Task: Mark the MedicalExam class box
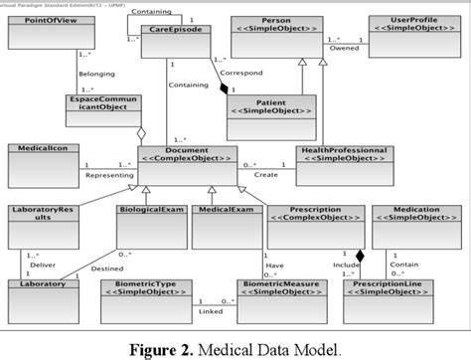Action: point(223,225)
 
